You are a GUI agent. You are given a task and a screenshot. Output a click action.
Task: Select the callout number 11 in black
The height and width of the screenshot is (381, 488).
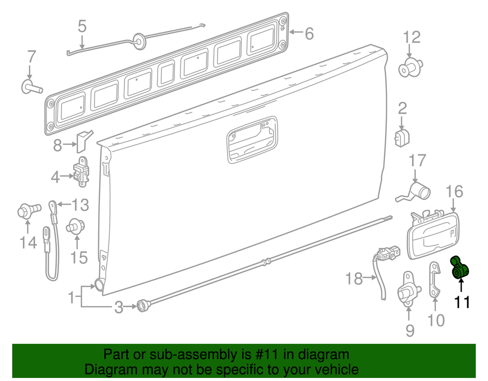click(462, 302)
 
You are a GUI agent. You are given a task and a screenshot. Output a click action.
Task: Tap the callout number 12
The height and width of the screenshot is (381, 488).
click(412, 37)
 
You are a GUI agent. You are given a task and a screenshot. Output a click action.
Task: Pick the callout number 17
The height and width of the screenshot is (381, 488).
click(417, 161)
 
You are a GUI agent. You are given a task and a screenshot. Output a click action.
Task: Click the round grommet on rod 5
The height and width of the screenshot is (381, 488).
click(138, 41)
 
